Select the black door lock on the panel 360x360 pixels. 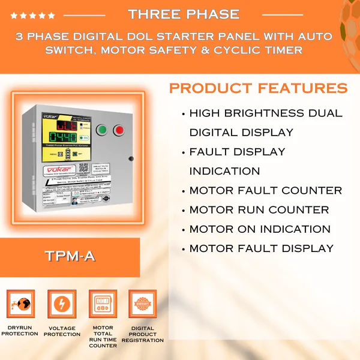coord(130,158)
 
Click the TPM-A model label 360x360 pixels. coord(69,256)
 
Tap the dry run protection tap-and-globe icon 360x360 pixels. coord(20,304)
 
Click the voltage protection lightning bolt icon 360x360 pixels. coord(62,304)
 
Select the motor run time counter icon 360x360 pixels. coord(103,304)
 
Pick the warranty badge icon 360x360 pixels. coord(143,304)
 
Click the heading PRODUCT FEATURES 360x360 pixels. coord(258,89)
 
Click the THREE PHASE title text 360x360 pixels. coord(184,14)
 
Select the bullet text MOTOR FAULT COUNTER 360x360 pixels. coord(265,191)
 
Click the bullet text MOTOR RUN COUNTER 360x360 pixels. coord(259,210)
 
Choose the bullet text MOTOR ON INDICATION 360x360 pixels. coord(260,229)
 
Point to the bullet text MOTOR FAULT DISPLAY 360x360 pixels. coord(262,248)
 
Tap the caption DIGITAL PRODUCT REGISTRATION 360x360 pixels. coord(143,334)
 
